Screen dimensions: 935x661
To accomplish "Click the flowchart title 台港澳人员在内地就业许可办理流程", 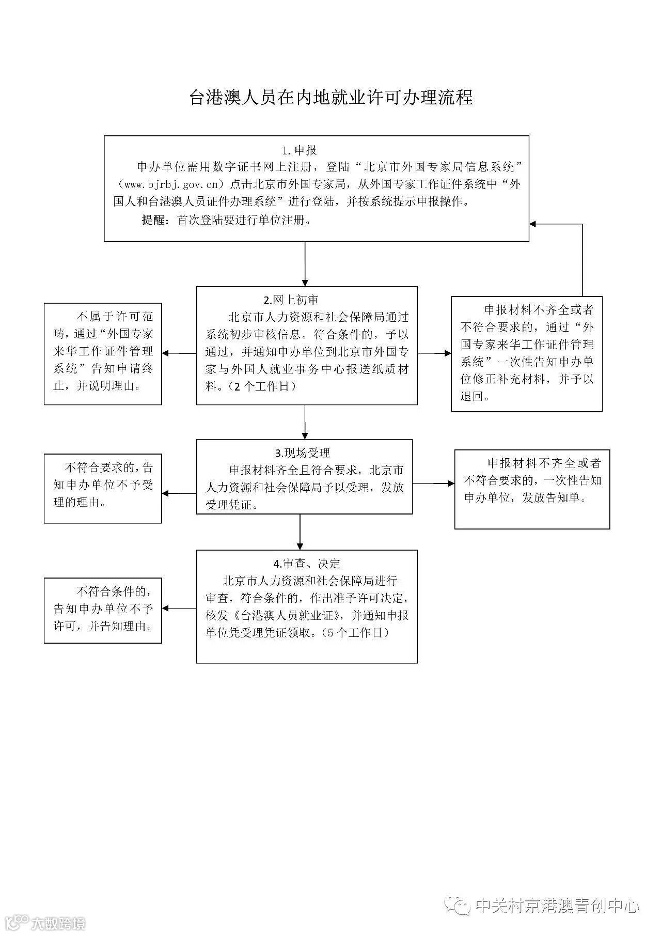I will pos(331,98).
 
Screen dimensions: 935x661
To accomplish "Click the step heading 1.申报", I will pos(299,150).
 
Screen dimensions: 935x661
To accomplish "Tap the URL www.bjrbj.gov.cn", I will pos(172,184).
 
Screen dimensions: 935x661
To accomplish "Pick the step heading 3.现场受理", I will pos(303,453).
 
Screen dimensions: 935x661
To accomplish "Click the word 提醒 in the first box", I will pos(153,220).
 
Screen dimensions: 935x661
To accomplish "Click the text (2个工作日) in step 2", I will pos(262,386).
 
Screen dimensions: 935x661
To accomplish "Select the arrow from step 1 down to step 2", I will pos(305,263).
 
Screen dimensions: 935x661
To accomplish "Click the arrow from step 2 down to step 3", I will pos(305,422).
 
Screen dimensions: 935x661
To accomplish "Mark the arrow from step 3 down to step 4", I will pos(300,532).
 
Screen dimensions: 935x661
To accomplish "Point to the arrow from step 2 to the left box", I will pos(179,353).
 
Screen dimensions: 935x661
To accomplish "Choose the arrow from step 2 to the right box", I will pos(434,353).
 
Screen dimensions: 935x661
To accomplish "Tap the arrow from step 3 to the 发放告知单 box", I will pos(434,484).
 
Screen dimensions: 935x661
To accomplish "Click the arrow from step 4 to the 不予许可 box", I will pos(179,609).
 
